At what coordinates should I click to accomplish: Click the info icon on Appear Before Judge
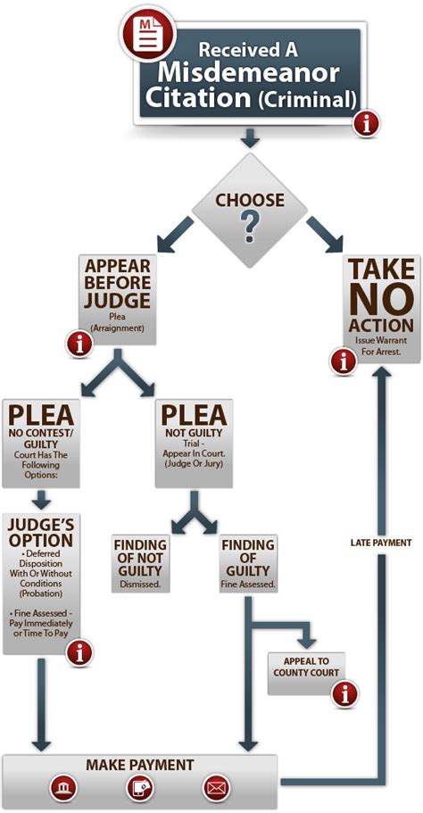click(79, 344)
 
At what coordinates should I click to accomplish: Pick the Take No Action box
click(381, 308)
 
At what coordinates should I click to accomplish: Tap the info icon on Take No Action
click(344, 362)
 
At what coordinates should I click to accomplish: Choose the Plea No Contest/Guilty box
click(41, 444)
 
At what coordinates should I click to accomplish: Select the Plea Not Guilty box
click(195, 444)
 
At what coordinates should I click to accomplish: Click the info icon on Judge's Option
click(79, 652)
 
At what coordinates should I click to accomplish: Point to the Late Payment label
click(381, 543)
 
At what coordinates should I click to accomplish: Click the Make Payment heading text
click(140, 765)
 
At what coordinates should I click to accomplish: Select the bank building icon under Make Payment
click(63, 789)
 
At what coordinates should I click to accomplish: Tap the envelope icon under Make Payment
click(216, 789)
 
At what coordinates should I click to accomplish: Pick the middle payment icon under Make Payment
click(140, 789)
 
